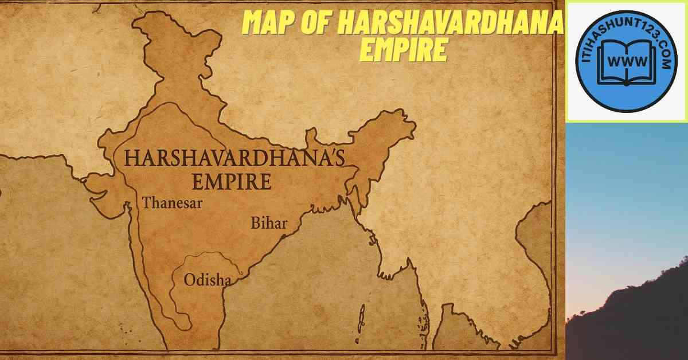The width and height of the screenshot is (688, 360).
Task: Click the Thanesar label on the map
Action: coord(173,203)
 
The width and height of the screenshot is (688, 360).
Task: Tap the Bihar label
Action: coord(268,223)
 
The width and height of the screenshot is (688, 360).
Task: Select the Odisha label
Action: coord(208,280)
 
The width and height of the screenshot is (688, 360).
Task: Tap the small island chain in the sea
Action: coord(362,318)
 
